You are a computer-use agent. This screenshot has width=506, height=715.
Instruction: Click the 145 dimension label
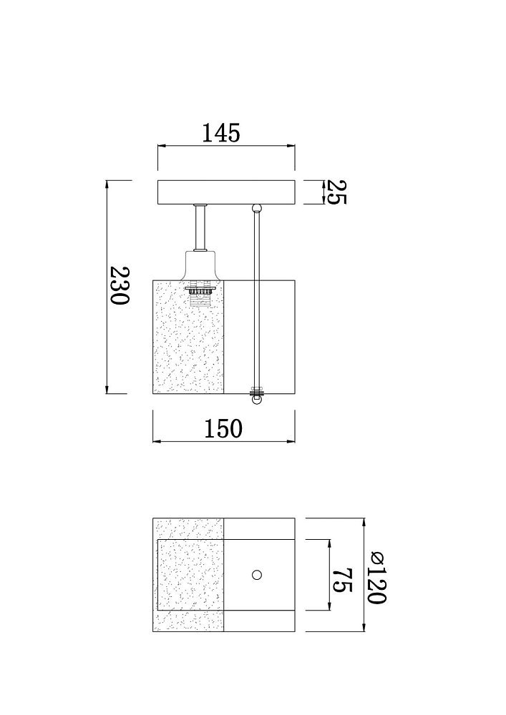[x=220, y=133]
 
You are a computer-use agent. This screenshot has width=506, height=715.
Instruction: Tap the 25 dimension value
[x=337, y=192]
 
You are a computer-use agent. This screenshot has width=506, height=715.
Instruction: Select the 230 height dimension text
[x=120, y=286]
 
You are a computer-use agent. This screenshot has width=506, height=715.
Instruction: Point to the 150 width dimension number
[x=223, y=428]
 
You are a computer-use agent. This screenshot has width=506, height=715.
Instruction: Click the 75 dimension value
[x=342, y=580]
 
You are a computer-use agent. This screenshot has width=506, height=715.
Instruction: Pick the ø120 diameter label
[x=378, y=577]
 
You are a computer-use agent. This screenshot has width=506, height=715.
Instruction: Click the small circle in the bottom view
[x=257, y=575]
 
